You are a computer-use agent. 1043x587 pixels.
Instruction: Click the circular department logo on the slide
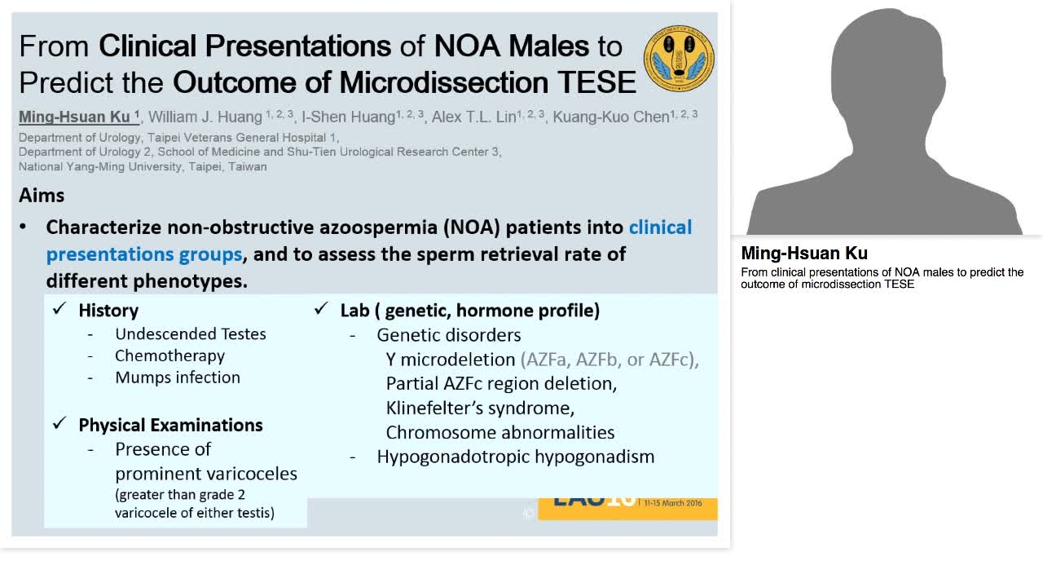[679, 59]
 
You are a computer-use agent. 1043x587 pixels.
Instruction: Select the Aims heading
[42, 196]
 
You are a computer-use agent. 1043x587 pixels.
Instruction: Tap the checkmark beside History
[59, 310]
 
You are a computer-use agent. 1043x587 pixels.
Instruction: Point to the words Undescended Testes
[190, 333]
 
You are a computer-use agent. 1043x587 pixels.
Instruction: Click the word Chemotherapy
[169, 355]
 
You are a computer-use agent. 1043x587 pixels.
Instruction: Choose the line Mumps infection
[177, 377]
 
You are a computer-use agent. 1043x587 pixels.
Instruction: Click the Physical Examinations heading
[170, 425]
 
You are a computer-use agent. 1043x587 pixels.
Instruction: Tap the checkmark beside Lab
[322, 310]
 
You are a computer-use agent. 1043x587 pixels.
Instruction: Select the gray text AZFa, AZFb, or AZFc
[610, 359]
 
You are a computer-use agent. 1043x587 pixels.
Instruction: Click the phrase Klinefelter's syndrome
[480, 408]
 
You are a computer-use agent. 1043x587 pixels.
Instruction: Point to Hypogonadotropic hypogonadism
[515, 457]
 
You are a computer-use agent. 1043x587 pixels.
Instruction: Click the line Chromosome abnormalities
[499, 432]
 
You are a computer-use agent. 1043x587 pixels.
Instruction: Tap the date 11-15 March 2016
[672, 503]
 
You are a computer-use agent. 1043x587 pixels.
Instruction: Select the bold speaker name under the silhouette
[803, 254]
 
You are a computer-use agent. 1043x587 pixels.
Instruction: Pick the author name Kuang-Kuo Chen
[610, 117]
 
